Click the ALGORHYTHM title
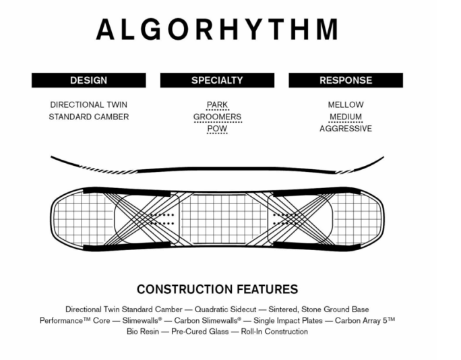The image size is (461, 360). click(217, 30)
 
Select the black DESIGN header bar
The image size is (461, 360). click(88, 80)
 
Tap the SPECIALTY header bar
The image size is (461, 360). click(217, 80)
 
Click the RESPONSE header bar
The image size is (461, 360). click(346, 80)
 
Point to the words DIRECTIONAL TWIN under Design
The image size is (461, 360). click(88, 105)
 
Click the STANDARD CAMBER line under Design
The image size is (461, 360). click(88, 117)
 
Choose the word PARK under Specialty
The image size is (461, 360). click(217, 105)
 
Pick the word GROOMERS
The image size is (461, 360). click(217, 117)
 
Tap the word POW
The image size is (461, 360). click(217, 129)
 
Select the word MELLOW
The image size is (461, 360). click(346, 105)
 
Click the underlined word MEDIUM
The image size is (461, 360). click(346, 117)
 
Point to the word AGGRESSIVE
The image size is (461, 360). click(346, 129)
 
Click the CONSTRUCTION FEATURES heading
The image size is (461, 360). click(217, 289)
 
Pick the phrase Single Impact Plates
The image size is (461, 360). click(286, 320)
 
